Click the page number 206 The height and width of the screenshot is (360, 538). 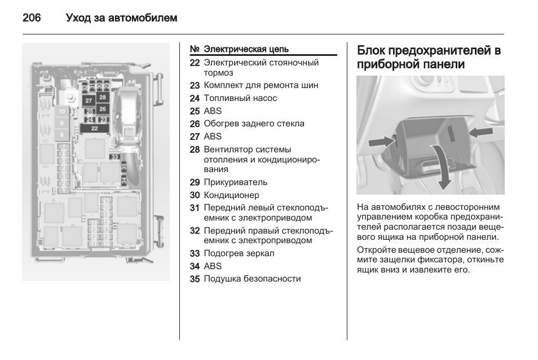point(32,18)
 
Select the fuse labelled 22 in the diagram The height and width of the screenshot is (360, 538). point(94,129)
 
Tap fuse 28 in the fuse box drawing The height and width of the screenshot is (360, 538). point(102,98)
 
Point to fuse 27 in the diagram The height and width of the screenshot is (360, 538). point(89,100)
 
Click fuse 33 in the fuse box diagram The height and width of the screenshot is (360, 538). point(115,157)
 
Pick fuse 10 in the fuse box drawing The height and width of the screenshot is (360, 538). point(61,112)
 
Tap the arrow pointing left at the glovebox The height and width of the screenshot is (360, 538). point(480,131)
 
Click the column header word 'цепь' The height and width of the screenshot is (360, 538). point(277,49)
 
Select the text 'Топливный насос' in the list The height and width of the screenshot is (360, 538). point(240,98)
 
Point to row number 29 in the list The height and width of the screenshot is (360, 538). point(195,182)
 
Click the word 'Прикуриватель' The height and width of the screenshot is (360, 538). point(236,182)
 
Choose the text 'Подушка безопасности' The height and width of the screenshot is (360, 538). point(252,279)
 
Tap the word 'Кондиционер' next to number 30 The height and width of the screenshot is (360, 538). point(231,195)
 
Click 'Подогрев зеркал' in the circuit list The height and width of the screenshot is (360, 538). point(239,253)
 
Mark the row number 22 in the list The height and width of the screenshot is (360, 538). point(195,63)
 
